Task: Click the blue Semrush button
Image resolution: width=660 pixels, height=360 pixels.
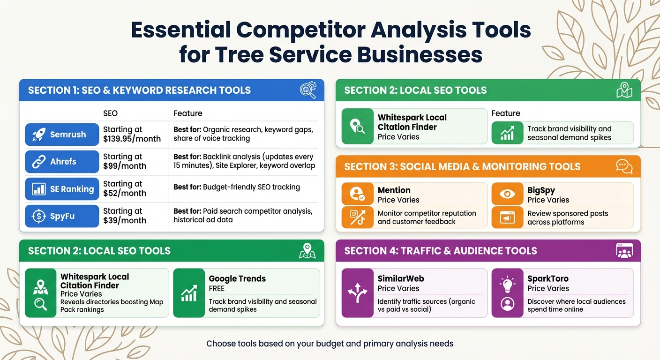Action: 62,135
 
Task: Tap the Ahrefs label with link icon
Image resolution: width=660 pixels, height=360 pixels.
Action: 62,162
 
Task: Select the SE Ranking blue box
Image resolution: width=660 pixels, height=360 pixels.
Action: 62,189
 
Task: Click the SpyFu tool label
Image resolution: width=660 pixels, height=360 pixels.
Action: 62,216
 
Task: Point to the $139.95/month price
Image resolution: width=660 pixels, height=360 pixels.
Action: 132,139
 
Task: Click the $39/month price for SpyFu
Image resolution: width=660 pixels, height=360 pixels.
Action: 125,220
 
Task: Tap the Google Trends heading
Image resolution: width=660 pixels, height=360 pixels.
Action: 237,278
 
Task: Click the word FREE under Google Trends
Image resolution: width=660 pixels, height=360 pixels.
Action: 217,288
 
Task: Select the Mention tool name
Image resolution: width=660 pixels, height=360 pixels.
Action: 394,190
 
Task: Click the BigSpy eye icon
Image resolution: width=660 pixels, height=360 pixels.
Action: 507,194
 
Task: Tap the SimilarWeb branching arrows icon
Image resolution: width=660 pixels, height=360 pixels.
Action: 357,293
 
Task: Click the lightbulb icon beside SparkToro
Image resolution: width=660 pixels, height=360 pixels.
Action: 507,283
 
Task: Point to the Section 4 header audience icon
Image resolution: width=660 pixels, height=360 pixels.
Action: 624,251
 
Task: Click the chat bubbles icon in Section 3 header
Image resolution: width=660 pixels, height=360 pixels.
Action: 624,166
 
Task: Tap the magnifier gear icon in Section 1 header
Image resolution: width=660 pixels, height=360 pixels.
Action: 308,90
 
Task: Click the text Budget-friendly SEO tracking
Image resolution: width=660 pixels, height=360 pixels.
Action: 251,187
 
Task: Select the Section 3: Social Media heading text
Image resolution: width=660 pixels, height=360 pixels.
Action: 462,166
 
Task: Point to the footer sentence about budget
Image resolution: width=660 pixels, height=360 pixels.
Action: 330,344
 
